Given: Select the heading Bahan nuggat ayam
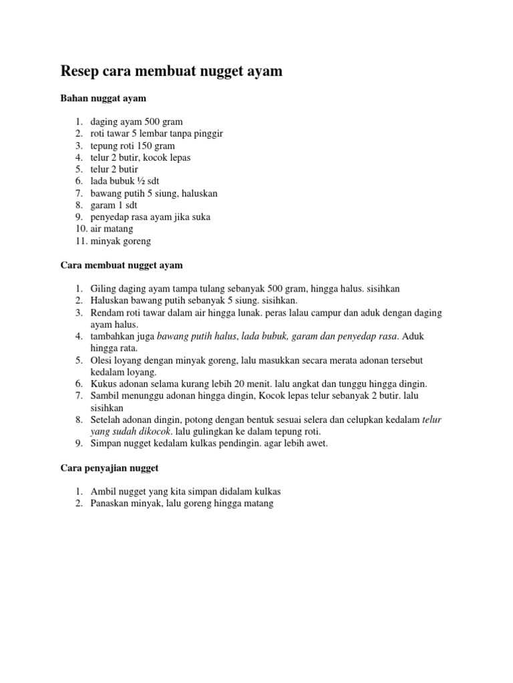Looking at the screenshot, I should (103, 98).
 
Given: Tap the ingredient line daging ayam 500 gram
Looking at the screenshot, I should (136, 121).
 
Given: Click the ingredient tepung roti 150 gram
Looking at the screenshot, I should (132, 145).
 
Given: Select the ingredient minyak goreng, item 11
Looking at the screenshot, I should (121, 241).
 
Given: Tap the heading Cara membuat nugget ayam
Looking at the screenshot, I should (121, 265).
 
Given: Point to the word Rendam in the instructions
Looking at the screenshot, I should (107, 312).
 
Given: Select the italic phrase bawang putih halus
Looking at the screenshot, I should (196, 336).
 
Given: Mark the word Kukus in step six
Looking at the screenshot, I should (103, 384).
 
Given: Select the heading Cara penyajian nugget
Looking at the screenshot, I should (114, 468).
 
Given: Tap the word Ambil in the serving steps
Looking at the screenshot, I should (103, 491).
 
